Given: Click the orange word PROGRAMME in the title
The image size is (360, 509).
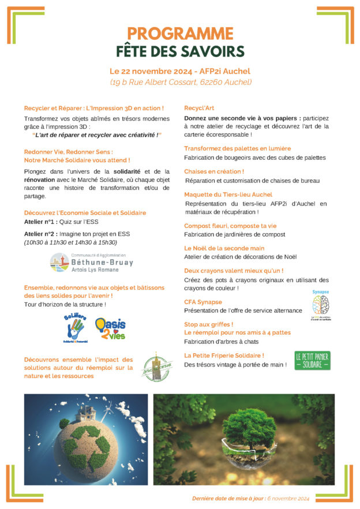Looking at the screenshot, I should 180,33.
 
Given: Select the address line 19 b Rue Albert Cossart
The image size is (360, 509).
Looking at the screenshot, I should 181,82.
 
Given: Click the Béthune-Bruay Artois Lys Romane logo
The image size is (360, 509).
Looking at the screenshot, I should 92,262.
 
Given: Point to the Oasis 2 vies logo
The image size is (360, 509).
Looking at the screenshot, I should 110,328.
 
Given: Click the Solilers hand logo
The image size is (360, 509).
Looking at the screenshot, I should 76,328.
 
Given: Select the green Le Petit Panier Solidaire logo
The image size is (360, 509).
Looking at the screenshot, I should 312,360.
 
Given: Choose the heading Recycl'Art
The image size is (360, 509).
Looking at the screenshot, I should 200,108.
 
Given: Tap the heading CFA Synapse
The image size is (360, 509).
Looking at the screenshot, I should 203,302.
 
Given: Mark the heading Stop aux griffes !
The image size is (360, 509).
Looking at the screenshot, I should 209,324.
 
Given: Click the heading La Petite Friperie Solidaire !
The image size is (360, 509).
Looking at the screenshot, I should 224,355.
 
